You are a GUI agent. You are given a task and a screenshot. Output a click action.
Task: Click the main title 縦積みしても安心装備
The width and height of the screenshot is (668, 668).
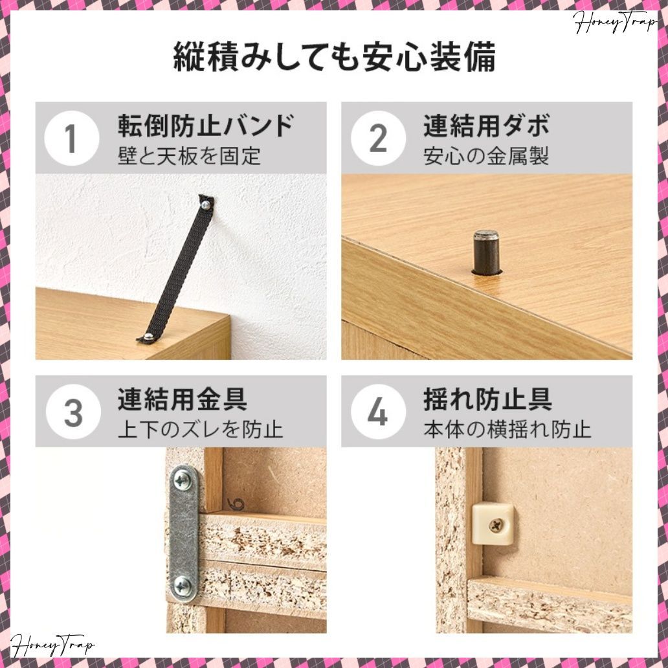coord(334,58)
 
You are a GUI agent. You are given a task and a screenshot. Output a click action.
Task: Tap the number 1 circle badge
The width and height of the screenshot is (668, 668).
coord(71,139)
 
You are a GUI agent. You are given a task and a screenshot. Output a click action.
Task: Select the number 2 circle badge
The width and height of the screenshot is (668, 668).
coord(377,139)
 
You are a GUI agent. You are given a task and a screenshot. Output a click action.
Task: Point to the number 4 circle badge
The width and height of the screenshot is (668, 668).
coord(377,412)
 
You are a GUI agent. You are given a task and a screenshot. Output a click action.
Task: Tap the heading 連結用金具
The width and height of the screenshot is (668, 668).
coord(182,399)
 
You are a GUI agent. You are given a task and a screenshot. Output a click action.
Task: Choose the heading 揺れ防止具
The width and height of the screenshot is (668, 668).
coord(487,399)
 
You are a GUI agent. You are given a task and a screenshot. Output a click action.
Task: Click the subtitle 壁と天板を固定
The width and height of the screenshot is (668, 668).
coord(189,156)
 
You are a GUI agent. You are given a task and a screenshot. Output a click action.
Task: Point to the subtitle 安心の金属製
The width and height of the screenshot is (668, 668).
coord(486,156)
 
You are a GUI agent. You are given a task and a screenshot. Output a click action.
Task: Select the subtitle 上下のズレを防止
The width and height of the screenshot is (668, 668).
coord(200,429)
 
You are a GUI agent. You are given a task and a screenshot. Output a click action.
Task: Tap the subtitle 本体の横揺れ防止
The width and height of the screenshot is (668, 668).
coord(507,429)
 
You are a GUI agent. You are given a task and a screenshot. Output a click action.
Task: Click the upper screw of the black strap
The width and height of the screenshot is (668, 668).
coord(206,205)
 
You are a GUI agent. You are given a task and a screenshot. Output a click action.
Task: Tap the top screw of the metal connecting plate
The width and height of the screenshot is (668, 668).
coord(183,480)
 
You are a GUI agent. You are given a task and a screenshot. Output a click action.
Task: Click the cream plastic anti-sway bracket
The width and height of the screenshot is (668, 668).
coord(492,522)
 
